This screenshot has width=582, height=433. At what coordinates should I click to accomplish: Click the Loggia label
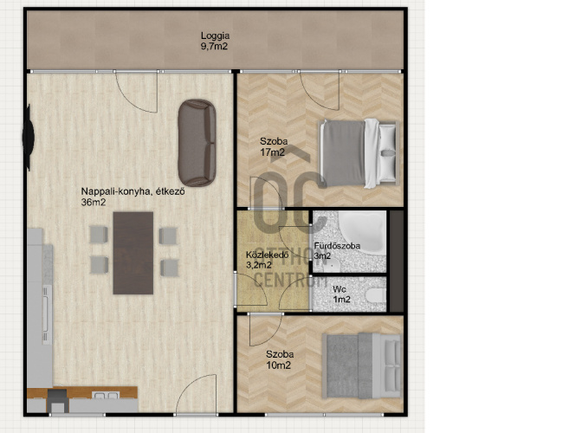(x=216, y=36)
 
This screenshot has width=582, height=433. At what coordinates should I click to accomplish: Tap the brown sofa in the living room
(x=197, y=143)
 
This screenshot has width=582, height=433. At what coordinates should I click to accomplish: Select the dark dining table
(x=133, y=253)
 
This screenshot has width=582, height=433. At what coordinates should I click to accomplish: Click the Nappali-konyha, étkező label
(x=133, y=192)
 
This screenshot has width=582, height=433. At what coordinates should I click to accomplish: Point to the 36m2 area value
(x=94, y=203)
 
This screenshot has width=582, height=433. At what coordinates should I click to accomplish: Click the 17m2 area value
(x=273, y=152)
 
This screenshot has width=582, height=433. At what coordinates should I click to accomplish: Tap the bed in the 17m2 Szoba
(x=359, y=152)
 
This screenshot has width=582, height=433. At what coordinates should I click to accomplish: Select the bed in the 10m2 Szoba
(x=362, y=365)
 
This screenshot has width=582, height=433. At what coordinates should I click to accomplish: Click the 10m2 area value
(x=278, y=365)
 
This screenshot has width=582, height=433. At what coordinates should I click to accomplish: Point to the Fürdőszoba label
(x=337, y=246)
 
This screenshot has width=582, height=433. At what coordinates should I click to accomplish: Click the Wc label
(x=339, y=289)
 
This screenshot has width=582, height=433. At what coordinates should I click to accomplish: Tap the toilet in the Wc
(x=376, y=295)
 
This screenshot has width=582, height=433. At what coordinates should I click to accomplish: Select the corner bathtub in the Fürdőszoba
(x=362, y=232)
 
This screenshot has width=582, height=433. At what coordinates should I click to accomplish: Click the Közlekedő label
(x=268, y=255)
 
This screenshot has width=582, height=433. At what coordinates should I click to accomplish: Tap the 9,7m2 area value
(x=214, y=47)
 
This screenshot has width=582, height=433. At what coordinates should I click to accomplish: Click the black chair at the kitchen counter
(x=58, y=400)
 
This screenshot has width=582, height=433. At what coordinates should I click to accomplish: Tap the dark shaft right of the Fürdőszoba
(x=397, y=261)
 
